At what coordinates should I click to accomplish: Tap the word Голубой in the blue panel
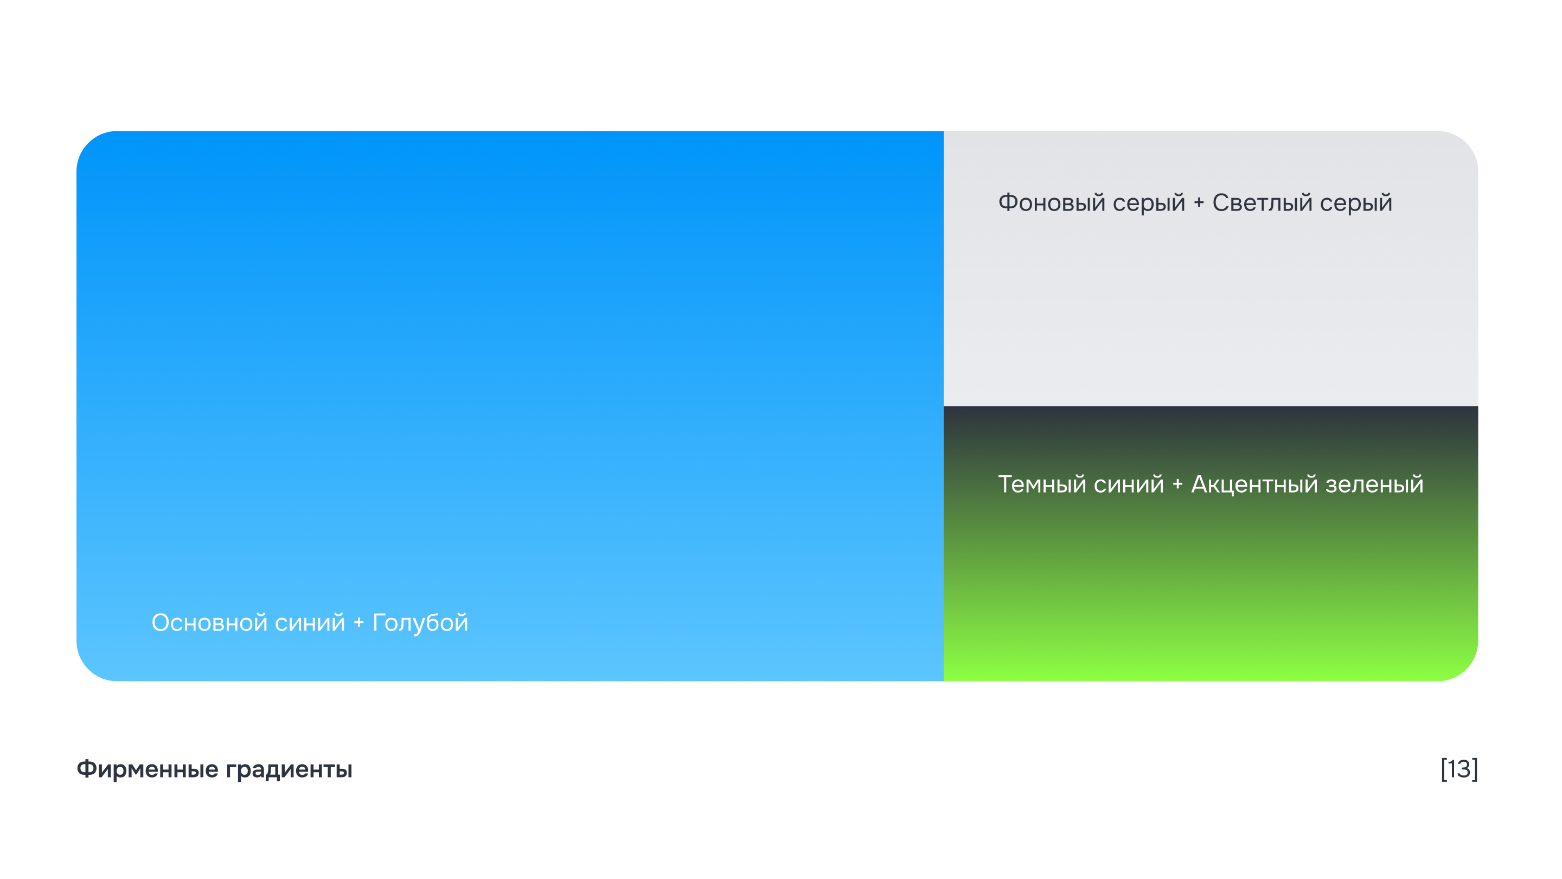420,623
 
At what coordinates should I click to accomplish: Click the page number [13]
1459,769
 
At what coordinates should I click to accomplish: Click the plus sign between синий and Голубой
359,623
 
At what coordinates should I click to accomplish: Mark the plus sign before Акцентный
1177,485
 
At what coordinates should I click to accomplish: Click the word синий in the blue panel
309,623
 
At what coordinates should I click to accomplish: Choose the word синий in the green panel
1129,484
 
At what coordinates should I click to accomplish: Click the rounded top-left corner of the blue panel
88,143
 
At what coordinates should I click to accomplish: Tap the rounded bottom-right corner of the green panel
1467,669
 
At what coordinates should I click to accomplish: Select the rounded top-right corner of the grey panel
1467,143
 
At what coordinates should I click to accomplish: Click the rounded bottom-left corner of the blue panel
88,669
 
